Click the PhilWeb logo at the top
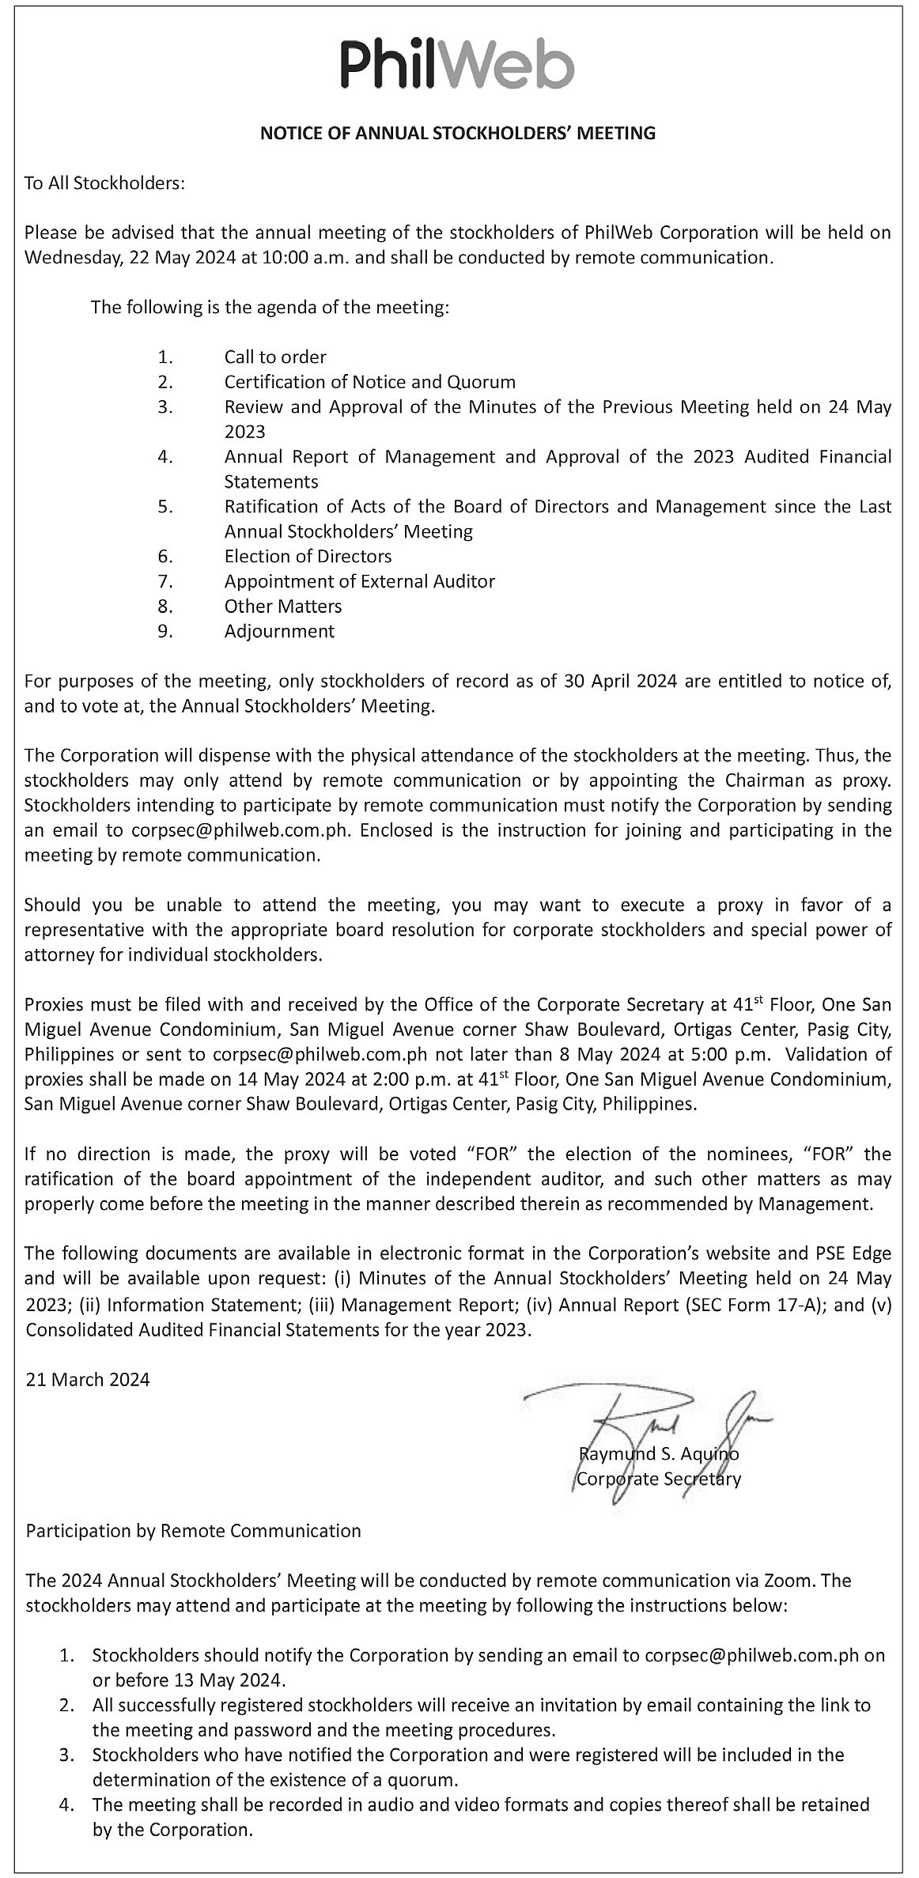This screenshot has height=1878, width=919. pos(457,66)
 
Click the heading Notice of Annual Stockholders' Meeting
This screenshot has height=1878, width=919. pos(458,133)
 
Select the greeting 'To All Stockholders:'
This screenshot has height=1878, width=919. pos(104,183)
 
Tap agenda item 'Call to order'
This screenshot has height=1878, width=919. pos(275,357)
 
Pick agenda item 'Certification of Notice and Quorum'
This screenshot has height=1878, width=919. pos(369,382)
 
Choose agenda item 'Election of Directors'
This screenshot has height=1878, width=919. pos(308,556)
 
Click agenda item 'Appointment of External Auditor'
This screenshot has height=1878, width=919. pos(359,581)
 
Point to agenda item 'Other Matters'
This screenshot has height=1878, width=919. pos(283,606)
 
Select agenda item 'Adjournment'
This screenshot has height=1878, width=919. pos(279,631)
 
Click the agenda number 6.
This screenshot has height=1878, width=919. pos(165,556)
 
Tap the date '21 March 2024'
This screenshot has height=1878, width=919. pos(88,1380)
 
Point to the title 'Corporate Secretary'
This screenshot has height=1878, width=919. pos(659,1479)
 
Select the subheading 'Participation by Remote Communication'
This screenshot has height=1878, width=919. pos(194,1530)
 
